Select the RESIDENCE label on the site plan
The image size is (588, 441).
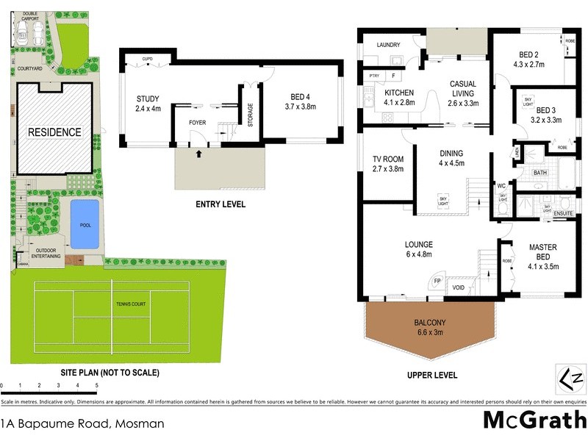click(x=54, y=132)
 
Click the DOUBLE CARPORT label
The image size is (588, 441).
click(x=30, y=16)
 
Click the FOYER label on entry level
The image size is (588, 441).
click(x=197, y=123)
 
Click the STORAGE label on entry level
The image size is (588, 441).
click(x=250, y=115)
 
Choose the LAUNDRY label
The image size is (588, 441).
click(x=388, y=45)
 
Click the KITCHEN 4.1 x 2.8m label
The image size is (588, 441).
click(x=399, y=97)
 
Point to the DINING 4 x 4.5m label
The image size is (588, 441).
click(x=451, y=158)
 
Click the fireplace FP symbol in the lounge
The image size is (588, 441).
click(x=437, y=281)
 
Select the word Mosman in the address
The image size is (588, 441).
click(x=140, y=423)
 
